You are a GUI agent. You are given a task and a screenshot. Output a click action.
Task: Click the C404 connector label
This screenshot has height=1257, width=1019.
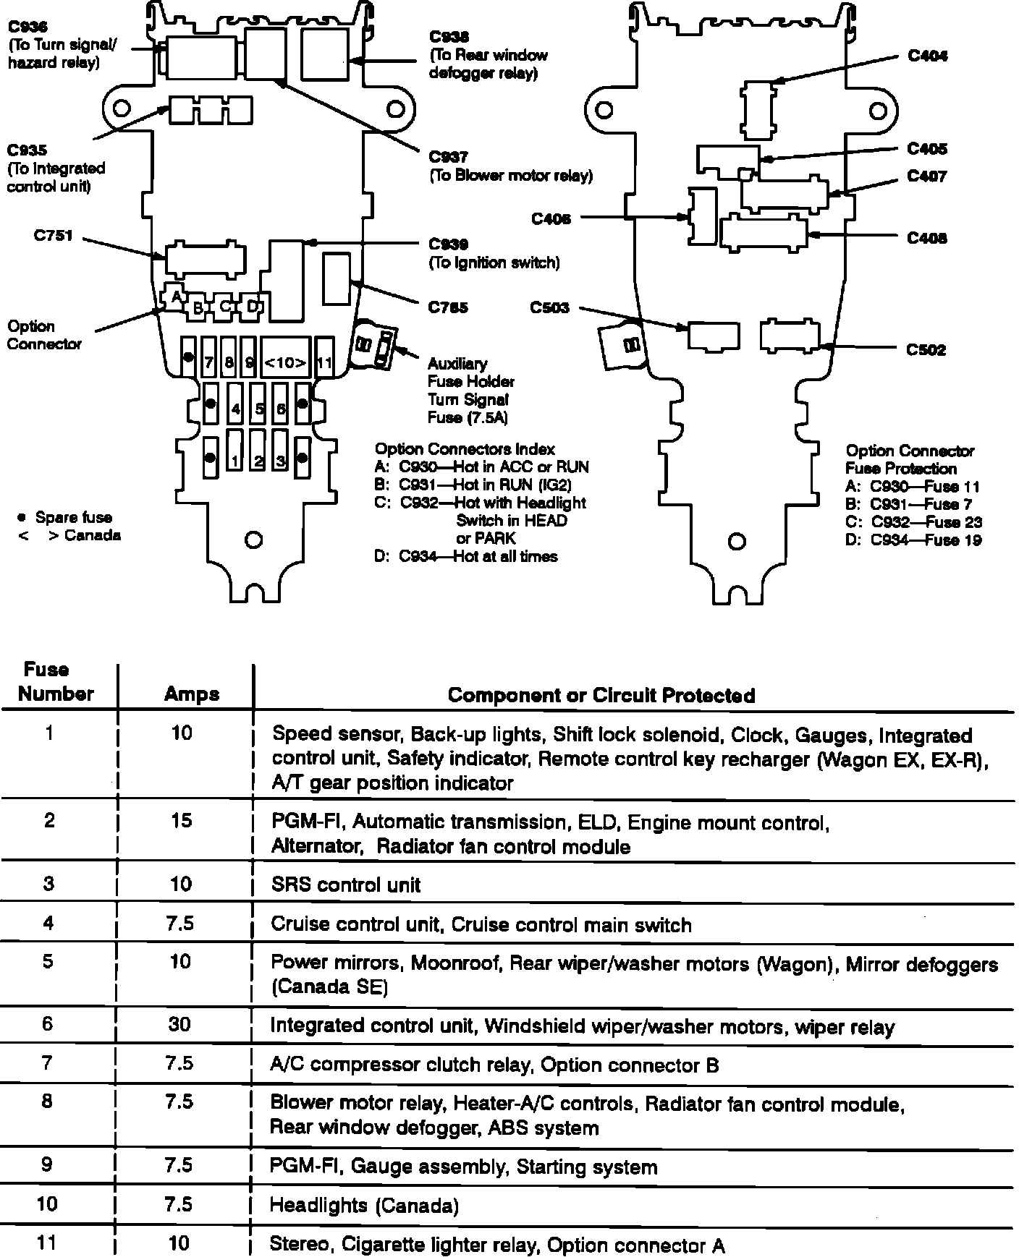coord(927,56)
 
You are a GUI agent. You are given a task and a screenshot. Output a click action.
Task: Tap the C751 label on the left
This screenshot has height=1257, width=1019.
coord(53,236)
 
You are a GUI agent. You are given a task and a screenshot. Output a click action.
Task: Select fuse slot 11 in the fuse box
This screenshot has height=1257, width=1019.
coord(324,362)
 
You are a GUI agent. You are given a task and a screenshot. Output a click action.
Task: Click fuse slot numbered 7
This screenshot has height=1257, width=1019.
coord(208,362)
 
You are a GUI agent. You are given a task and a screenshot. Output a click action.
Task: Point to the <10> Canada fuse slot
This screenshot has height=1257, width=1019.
coord(285,362)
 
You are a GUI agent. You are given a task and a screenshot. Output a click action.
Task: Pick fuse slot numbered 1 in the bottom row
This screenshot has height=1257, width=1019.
coord(235,460)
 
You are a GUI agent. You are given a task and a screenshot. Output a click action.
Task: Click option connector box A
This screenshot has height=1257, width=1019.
coord(174,295)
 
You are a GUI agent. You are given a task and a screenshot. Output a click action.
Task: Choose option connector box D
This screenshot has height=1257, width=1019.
coord(251,306)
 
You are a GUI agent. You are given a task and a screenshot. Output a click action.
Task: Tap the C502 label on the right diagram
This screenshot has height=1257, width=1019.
coord(926,350)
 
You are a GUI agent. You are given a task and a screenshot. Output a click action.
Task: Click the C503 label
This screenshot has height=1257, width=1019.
coord(549,308)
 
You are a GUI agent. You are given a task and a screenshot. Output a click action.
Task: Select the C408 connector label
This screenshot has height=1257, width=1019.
coord(927,239)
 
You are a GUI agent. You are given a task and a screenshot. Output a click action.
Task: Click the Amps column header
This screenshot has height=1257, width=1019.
coord(192,694)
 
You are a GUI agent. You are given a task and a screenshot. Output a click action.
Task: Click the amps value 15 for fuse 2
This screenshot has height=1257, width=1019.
coord(182,820)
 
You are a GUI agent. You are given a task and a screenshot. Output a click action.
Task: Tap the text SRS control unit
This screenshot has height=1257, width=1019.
coord(345,885)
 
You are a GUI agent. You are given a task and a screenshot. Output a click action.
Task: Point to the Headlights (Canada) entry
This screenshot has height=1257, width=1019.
coord(363,1205)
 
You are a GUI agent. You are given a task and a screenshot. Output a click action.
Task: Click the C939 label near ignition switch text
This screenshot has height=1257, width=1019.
coord(448,244)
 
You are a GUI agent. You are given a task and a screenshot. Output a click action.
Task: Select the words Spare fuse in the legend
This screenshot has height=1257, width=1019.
coord(73,518)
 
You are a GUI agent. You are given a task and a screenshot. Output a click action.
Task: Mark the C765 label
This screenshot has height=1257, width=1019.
coord(448,308)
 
